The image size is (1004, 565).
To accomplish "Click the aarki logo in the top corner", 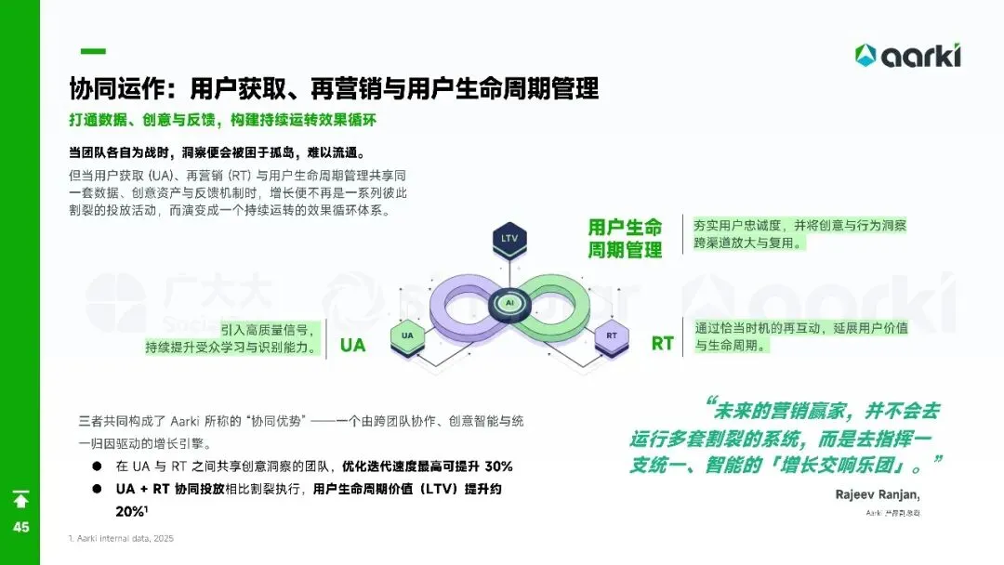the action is (907, 56).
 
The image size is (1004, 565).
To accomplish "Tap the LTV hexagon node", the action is (509, 239).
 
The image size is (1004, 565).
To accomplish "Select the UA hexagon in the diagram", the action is (407, 335).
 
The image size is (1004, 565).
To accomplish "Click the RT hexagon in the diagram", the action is (612, 335).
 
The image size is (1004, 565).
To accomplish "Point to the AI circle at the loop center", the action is (509, 303).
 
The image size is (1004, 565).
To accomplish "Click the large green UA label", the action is (353, 346).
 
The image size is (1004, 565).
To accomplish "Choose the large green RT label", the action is (662, 344).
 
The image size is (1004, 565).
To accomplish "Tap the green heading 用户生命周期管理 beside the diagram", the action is (625, 239).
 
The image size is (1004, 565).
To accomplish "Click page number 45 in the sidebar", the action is (20, 527).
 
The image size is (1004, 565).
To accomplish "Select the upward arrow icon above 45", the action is (20, 500).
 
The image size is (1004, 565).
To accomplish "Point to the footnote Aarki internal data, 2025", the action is (121, 539).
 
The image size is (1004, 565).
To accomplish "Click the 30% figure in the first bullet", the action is (498, 466).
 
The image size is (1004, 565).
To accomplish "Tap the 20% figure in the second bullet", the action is (130, 511).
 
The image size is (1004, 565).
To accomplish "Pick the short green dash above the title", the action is (93, 51).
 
